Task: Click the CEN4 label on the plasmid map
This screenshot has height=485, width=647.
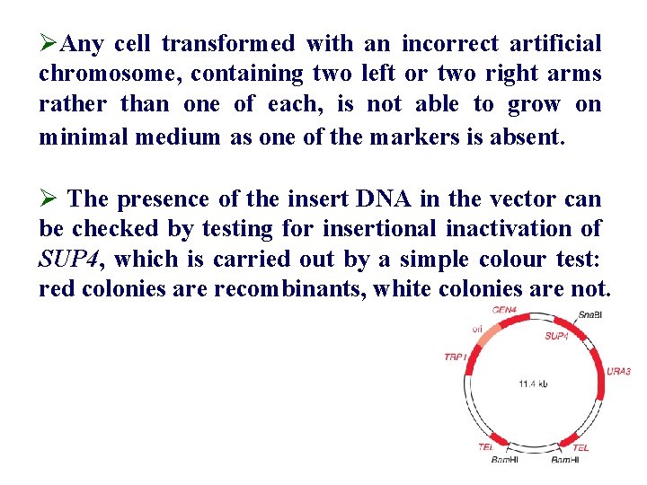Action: click(504, 311)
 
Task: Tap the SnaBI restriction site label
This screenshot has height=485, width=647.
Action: click(590, 315)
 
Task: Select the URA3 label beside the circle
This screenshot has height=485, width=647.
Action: click(618, 370)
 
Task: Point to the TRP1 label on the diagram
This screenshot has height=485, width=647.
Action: click(455, 357)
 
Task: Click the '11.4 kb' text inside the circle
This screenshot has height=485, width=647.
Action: click(533, 384)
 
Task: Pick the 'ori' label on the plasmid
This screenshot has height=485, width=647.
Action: click(477, 329)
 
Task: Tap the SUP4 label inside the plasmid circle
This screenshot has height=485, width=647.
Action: click(555, 336)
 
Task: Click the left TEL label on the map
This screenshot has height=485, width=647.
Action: click(486, 446)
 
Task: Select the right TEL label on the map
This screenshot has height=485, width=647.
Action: click(581, 447)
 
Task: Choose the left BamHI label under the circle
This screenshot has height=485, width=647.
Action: click(505, 460)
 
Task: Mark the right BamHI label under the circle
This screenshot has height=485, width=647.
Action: click(565, 460)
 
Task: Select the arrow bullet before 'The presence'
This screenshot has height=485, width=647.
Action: click(50, 198)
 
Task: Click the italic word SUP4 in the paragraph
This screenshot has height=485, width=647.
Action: click(70, 260)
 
